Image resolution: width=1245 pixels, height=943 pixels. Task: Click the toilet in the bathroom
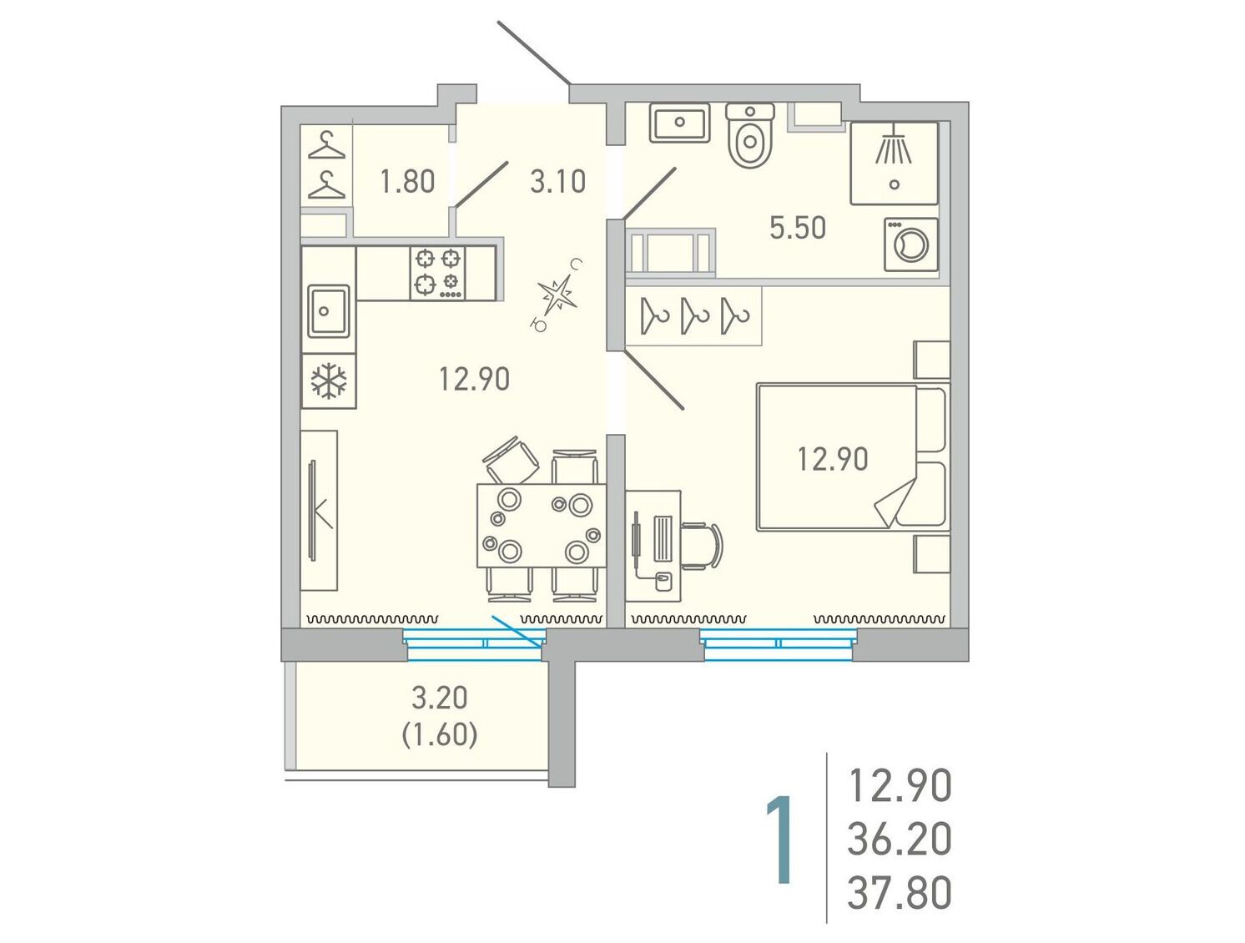[750, 134]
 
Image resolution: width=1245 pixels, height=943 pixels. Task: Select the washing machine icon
[910, 245]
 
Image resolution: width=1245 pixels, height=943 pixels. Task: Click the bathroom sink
[679, 122]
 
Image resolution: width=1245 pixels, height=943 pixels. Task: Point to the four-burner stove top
[437, 273]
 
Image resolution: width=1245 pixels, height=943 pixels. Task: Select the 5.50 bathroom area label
[797, 228]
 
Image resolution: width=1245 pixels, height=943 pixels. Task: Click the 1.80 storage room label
[407, 182]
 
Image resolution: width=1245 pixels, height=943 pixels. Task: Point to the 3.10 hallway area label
[557, 182]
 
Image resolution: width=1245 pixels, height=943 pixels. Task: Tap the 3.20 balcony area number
[440, 698]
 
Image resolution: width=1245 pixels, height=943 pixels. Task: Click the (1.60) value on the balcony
[440, 735]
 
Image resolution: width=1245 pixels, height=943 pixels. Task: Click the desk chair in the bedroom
[702, 546]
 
